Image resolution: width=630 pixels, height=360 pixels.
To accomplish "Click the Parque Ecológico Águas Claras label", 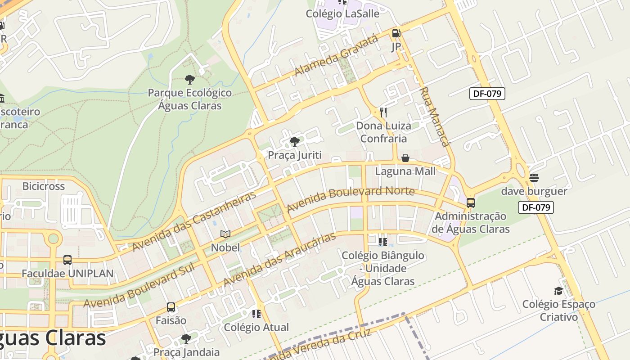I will (x=190, y=99).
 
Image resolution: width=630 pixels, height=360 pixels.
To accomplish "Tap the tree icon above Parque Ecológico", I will (x=190, y=80).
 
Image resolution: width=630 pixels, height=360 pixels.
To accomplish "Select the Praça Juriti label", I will (x=295, y=155).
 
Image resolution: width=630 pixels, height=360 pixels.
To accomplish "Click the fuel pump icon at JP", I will (x=396, y=33).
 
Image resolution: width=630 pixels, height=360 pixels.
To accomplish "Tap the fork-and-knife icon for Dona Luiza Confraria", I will (x=383, y=112).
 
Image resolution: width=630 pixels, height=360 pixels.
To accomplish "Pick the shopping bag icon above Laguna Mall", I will (x=405, y=158).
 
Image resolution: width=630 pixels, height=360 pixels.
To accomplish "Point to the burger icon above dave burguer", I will (x=534, y=178).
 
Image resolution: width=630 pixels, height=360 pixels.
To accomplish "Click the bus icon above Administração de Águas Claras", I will (x=471, y=203).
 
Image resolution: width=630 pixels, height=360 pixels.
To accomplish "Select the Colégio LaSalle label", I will (x=342, y=13).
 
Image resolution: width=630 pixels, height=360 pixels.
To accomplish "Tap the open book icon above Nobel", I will (x=225, y=234).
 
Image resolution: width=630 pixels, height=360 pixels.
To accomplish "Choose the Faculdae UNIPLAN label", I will (x=67, y=274).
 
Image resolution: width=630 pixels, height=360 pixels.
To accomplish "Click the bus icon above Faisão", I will (x=171, y=307).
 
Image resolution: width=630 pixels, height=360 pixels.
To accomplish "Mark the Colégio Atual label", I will (x=256, y=327).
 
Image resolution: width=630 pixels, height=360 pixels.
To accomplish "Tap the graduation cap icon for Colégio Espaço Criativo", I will (x=558, y=291).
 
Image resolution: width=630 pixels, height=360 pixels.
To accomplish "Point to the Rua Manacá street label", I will (x=435, y=117).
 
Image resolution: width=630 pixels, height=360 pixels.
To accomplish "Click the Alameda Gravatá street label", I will (x=337, y=56).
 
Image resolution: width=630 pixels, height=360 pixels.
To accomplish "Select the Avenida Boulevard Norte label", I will (x=351, y=199).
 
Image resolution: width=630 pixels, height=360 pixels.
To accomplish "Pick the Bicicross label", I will (x=44, y=186).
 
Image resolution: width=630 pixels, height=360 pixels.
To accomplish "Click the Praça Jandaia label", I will (x=186, y=352).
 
